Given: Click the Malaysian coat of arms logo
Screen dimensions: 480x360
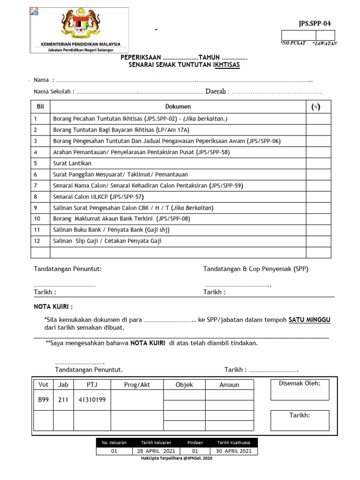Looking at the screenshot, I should click(x=80, y=25).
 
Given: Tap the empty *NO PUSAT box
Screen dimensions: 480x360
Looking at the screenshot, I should click(x=298, y=35).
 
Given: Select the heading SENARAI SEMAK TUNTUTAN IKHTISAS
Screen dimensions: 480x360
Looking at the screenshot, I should click(x=184, y=65).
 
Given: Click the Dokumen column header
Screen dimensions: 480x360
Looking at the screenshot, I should click(x=178, y=107).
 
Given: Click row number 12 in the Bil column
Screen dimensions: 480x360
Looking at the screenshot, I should click(x=37, y=241).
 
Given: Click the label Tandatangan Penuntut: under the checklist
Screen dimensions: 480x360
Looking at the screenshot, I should click(x=67, y=269).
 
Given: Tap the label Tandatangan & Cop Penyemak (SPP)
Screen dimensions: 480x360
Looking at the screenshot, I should click(x=255, y=269).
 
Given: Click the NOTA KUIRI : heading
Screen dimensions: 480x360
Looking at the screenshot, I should click(x=53, y=307).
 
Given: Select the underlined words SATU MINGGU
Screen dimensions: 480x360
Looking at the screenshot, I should click(x=309, y=320).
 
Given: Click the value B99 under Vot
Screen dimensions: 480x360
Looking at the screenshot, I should click(x=43, y=400).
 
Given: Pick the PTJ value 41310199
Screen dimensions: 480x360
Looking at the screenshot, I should click(x=92, y=400).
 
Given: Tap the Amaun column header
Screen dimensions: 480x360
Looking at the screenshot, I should click(x=229, y=385).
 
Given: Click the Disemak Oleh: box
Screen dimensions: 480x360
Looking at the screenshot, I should click(x=300, y=390).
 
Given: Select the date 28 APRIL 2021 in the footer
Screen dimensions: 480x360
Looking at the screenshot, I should click(x=156, y=451).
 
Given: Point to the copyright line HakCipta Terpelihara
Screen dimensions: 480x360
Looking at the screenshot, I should click(x=177, y=458).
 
